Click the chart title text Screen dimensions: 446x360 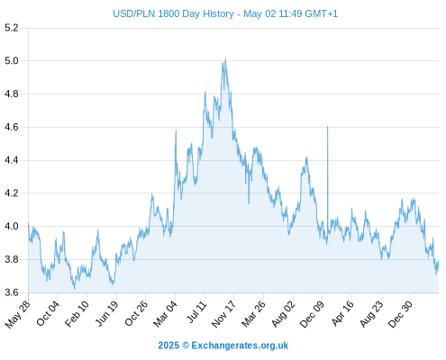tap(225, 13)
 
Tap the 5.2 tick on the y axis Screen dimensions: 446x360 tap(12, 28)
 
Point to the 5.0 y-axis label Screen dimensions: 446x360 tap(12, 61)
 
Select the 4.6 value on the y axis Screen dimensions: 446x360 tap(12, 127)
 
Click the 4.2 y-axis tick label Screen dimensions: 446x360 tap(12, 193)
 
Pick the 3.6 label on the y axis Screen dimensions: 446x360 tap(12, 292)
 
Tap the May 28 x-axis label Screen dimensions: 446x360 tap(18, 314)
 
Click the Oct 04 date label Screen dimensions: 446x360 tap(48, 313)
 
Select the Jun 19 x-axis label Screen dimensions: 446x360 tap(107, 313)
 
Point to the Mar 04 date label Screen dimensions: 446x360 tap(166, 314)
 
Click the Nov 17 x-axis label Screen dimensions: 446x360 tap(223, 314)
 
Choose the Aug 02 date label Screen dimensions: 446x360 tap(283, 314)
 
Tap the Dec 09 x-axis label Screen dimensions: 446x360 tap(312, 314)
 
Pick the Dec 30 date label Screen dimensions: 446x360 tap(400, 314)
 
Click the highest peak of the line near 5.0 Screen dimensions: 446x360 tap(225, 58)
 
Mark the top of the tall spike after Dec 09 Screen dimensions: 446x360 tap(328, 127)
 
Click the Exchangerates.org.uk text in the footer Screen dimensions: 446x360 tap(240, 346)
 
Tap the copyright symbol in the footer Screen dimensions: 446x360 tap(186, 346)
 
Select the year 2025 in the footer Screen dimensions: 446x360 tap(168, 346)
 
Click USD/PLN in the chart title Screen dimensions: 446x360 tap(133, 13)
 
